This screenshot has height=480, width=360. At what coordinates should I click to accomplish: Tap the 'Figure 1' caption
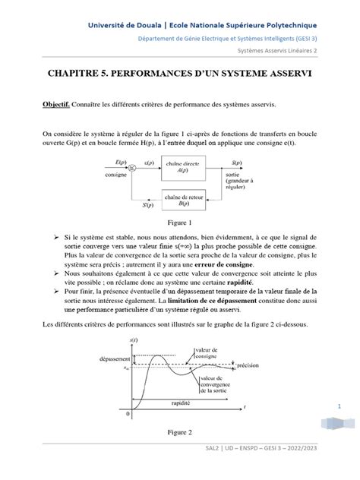pos(180,224)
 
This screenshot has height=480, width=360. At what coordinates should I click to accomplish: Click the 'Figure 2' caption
pos(180,432)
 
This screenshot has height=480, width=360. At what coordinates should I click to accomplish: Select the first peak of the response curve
pos(157,355)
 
